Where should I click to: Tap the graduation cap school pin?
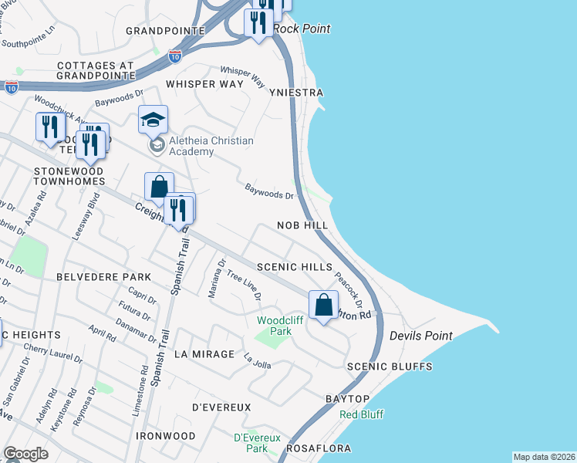(x=153, y=120)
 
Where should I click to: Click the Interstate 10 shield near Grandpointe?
(x=174, y=56)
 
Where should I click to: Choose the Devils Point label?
(x=420, y=336)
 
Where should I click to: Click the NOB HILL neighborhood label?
(x=303, y=225)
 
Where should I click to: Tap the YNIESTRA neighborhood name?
(x=296, y=93)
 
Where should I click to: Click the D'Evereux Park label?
(x=251, y=443)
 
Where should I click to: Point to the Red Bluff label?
(x=362, y=414)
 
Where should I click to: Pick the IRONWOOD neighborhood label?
(x=165, y=436)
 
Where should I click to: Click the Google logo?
(x=25, y=454)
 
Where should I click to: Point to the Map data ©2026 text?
(x=544, y=457)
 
